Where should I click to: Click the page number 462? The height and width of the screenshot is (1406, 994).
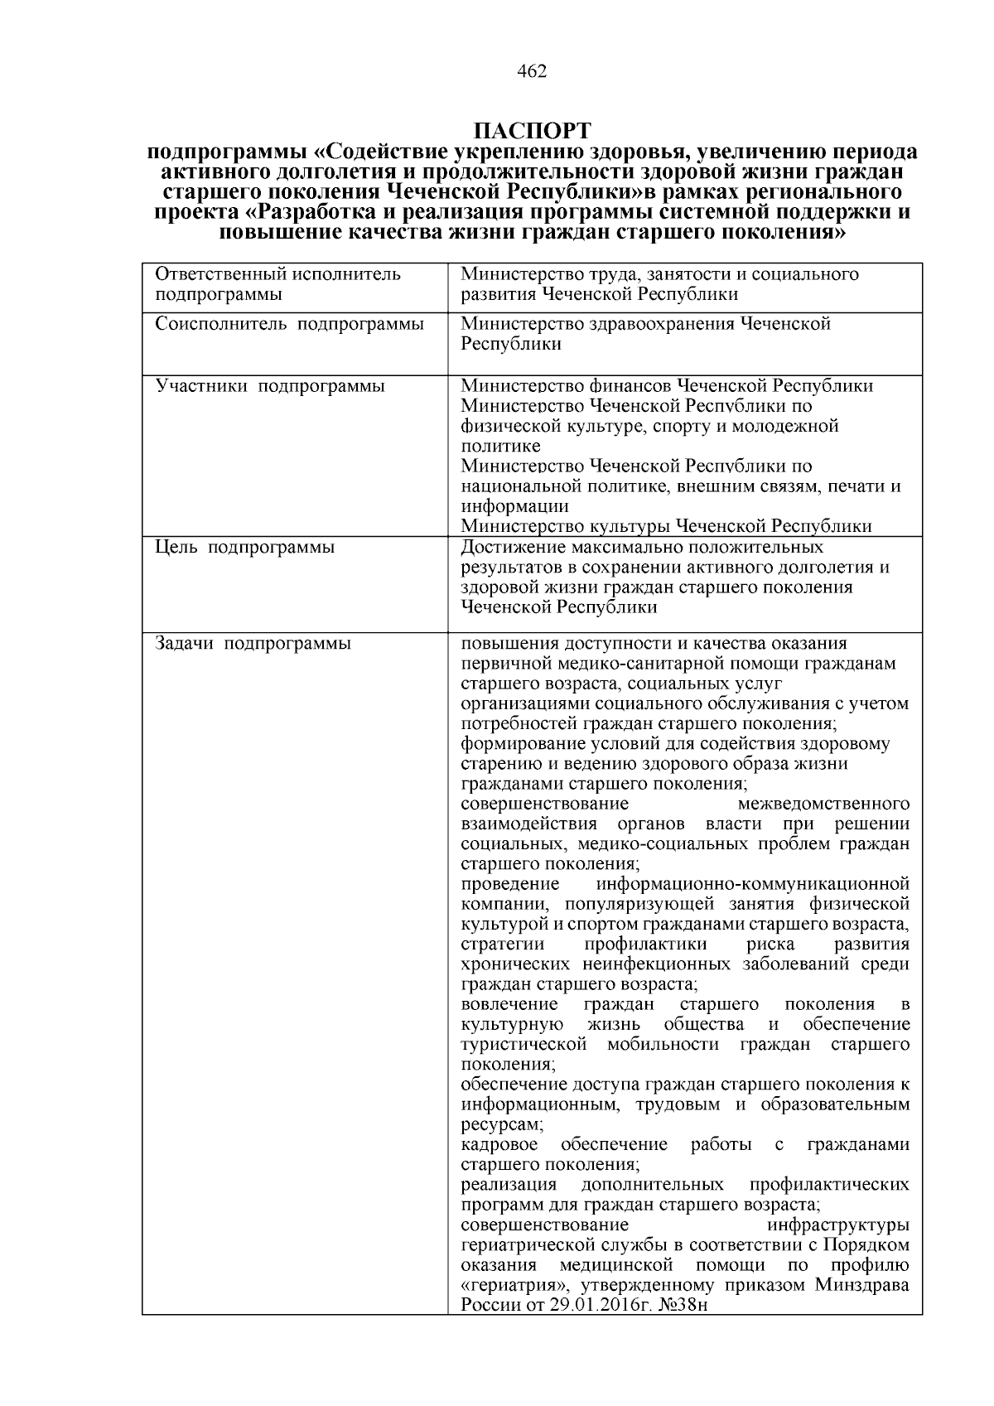point(531,72)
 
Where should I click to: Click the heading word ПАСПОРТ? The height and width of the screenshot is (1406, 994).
point(532,132)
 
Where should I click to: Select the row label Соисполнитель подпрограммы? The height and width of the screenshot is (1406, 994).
point(290,324)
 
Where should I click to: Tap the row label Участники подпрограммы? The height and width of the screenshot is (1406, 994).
point(270,386)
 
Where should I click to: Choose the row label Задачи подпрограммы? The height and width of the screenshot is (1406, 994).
point(253,644)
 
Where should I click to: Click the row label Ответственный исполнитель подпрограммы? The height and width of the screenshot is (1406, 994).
point(278,284)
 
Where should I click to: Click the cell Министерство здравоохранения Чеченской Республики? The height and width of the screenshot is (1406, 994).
point(645,334)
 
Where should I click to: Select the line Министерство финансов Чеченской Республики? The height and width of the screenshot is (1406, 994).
point(666,386)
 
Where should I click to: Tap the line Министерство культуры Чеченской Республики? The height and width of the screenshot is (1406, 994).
point(666,526)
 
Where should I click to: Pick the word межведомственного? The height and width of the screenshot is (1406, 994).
point(823,804)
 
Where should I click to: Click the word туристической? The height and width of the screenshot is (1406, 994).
point(524,1045)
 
